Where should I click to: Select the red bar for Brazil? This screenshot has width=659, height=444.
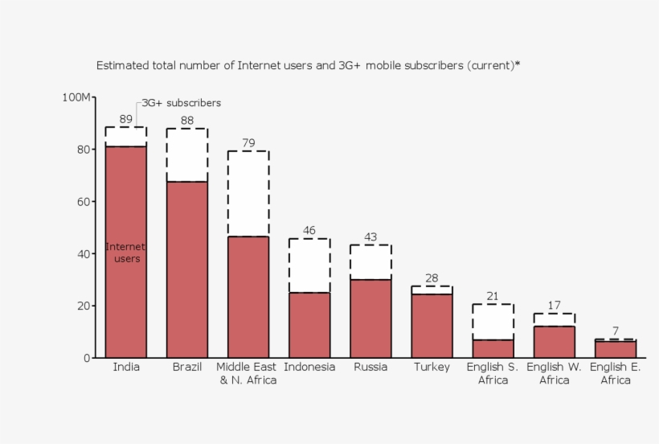coord(187,269)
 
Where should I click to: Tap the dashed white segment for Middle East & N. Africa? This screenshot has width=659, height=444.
coord(248,193)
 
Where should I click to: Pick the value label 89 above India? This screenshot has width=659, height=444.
coord(126,119)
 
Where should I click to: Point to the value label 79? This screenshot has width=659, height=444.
coord(248,143)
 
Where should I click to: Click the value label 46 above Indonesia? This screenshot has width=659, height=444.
coord(309,231)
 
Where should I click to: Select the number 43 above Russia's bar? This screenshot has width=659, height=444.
coord(370,237)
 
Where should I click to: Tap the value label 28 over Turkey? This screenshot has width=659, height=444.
coord(432,278)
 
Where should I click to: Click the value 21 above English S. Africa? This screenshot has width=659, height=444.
coord(493,296)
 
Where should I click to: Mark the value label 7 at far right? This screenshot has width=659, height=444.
coord(615,331)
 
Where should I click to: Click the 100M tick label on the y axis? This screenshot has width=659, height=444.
coord(77,97)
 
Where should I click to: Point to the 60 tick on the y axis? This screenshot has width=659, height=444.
coord(84,202)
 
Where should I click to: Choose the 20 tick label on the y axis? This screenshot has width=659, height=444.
coord(84,306)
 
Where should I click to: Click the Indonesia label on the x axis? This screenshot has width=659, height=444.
coord(309,368)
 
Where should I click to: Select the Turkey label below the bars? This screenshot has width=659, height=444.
coord(432,368)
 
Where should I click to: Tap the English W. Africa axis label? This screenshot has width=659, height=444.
coord(554,374)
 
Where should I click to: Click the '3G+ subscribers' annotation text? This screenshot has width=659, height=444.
coord(182,103)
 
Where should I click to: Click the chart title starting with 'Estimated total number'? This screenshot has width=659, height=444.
coord(308,65)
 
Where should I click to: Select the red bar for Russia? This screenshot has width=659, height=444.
coord(370,319)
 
